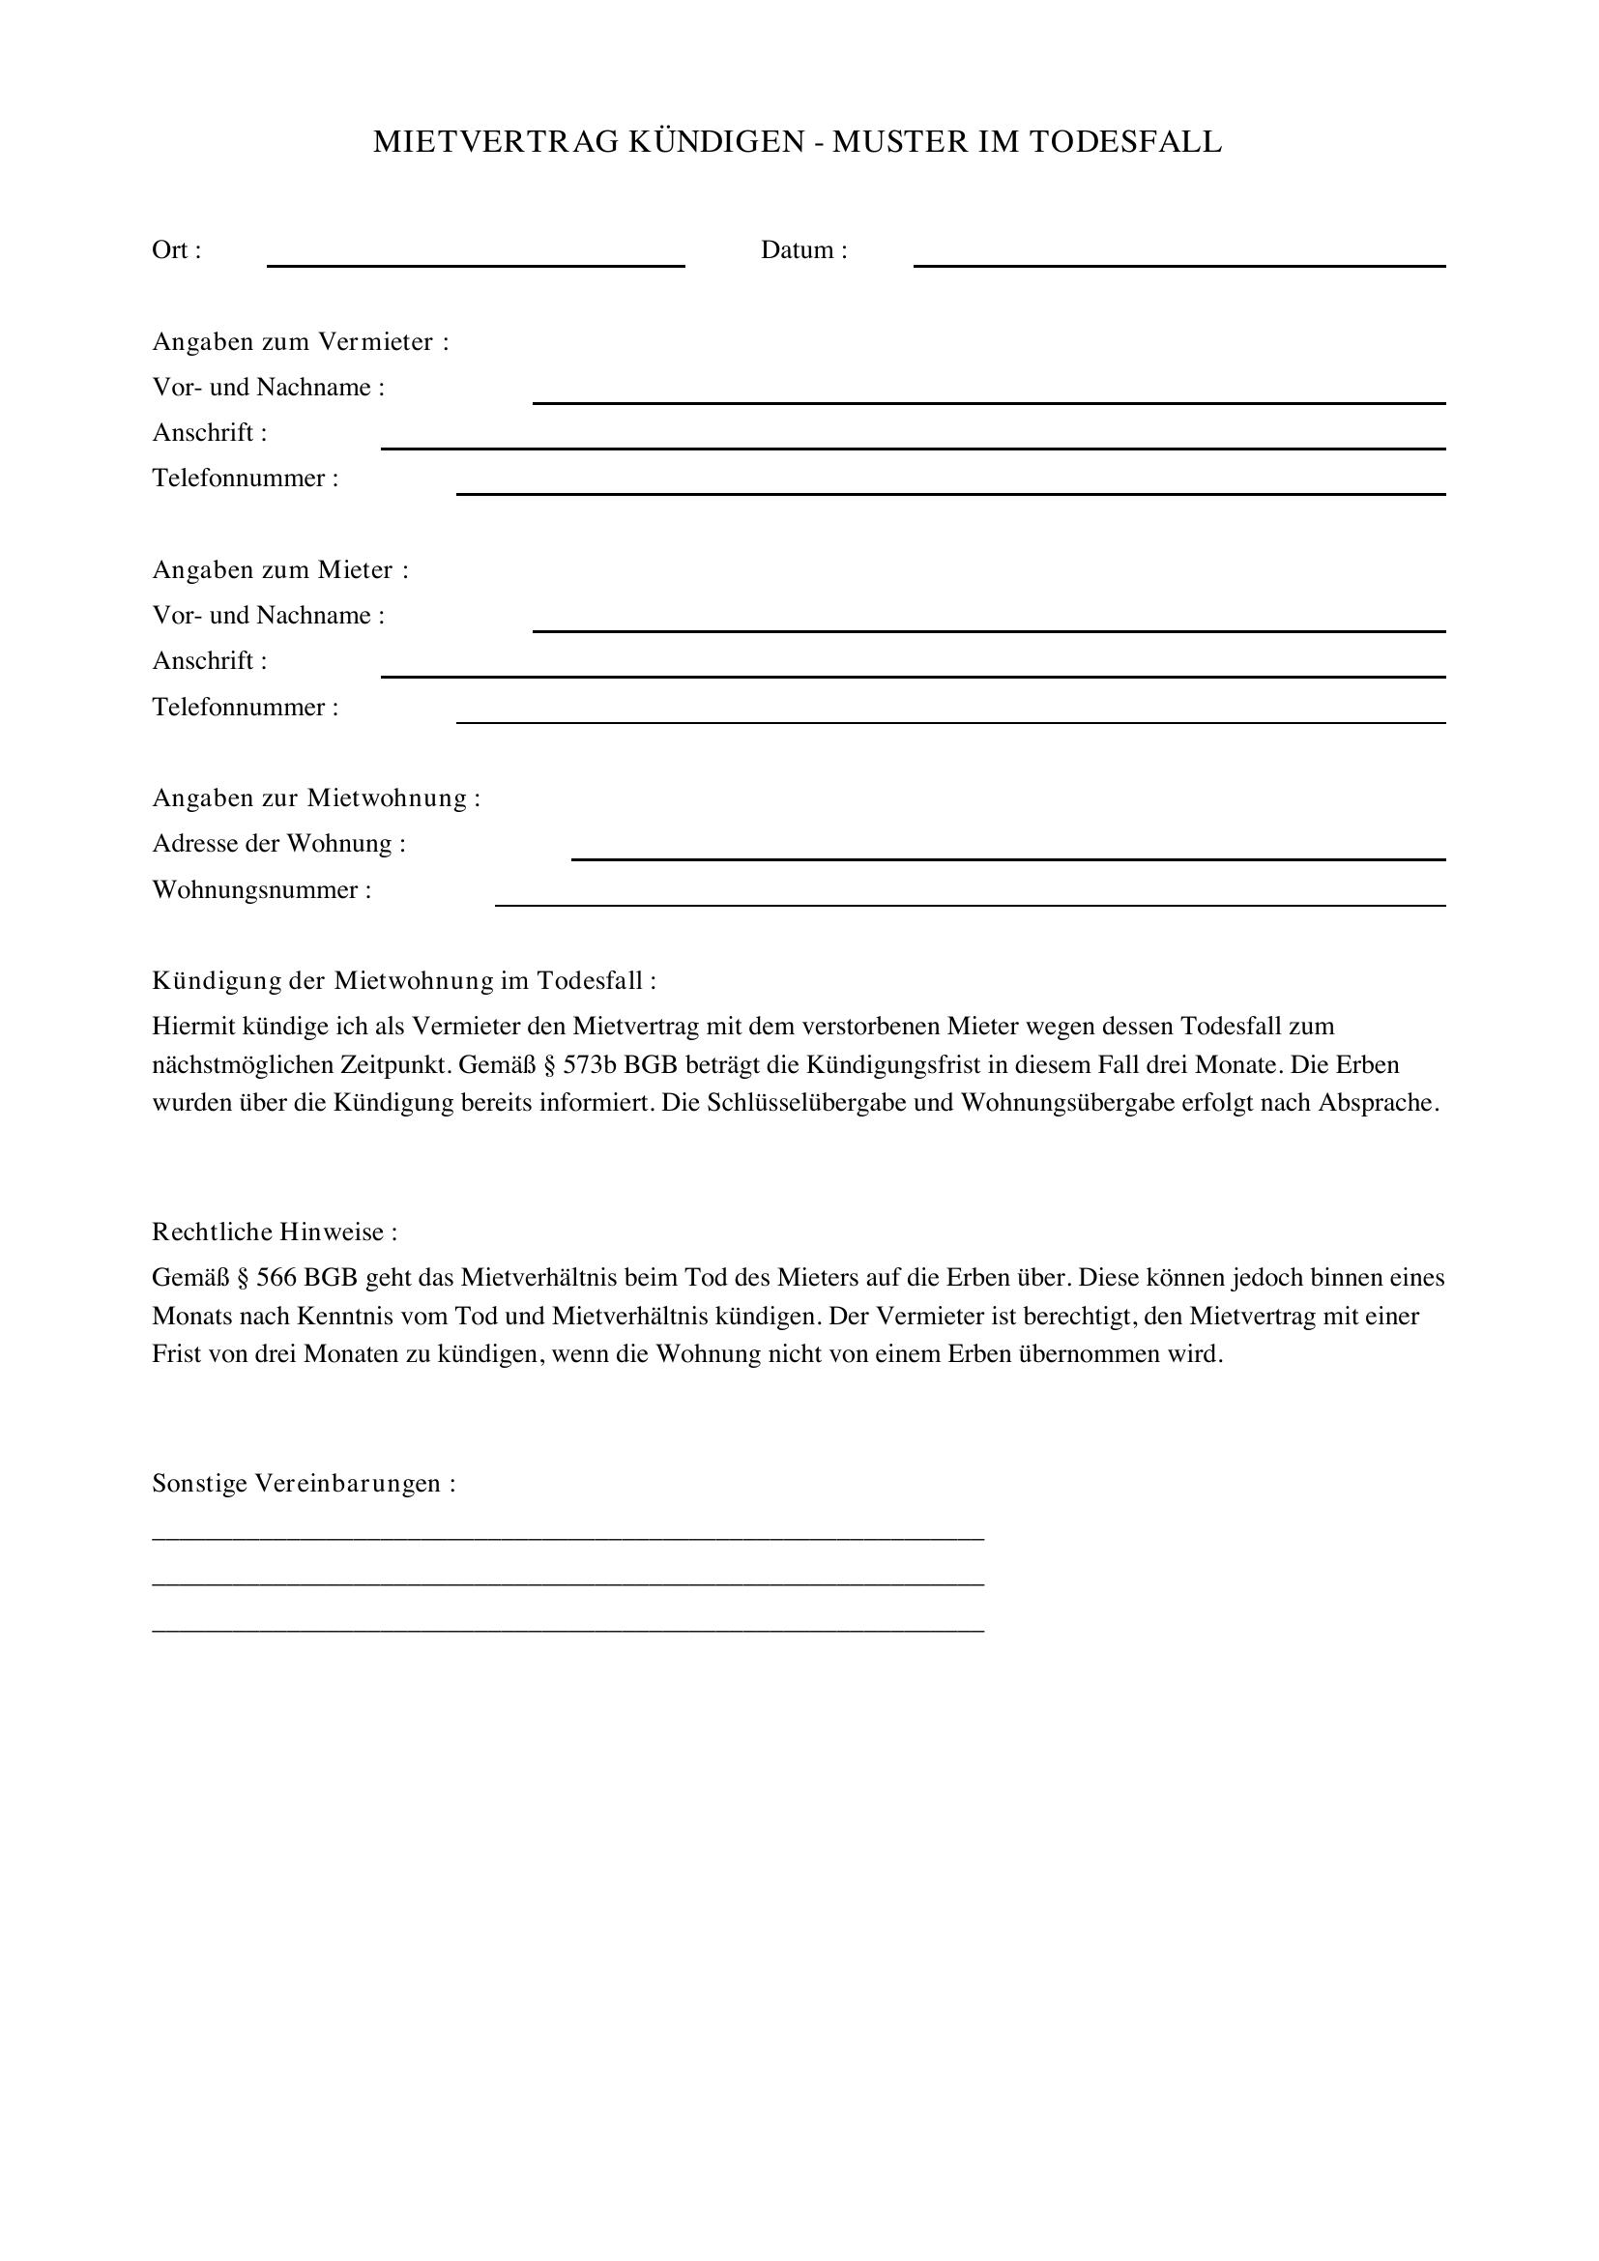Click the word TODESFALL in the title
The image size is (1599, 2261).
click(x=1125, y=143)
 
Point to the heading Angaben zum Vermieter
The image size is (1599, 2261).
click(x=301, y=341)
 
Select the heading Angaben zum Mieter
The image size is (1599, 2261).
click(x=279, y=570)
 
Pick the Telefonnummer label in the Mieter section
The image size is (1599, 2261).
click(x=246, y=707)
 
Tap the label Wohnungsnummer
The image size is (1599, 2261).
click(x=262, y=890)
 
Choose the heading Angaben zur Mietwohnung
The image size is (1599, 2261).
click(x=316, y=798)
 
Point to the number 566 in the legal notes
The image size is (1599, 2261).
click(x=276, y=1278)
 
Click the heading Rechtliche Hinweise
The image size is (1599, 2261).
click(x=275, y=1232)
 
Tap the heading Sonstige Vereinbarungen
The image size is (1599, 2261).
click(x=304, y=1484)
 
